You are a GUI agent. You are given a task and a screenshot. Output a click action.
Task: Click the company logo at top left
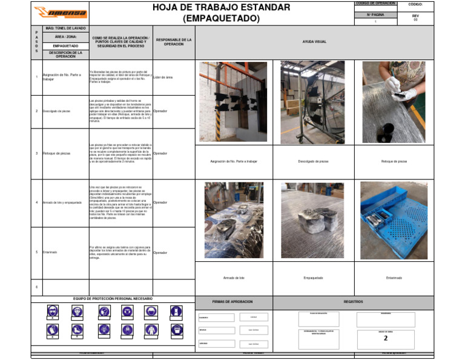60,12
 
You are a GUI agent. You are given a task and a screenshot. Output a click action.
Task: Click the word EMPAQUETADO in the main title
222,19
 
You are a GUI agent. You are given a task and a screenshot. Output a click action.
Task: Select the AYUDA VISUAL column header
314,42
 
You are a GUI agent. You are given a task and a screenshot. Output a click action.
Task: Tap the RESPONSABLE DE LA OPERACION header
174,42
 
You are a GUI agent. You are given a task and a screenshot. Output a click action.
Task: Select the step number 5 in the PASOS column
36,252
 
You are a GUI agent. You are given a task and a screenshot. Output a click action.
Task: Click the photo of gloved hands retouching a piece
394,101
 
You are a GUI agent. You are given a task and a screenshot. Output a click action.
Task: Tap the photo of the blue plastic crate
394,220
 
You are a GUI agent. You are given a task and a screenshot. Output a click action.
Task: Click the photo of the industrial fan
312,101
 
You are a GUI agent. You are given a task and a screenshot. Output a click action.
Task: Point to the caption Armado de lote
234,278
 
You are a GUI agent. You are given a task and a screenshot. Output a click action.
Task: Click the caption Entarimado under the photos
394,278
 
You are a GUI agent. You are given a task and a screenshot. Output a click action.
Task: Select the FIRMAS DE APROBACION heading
234,301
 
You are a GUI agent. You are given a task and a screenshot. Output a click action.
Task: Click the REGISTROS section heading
353,301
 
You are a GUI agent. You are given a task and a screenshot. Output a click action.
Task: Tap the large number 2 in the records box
386,338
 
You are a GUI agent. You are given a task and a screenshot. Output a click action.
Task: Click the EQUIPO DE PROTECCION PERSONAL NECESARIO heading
113,299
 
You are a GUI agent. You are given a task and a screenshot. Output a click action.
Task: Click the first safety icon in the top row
53,312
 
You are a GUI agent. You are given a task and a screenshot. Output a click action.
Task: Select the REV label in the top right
415,16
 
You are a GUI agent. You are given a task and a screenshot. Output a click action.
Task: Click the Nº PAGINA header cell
375,14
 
